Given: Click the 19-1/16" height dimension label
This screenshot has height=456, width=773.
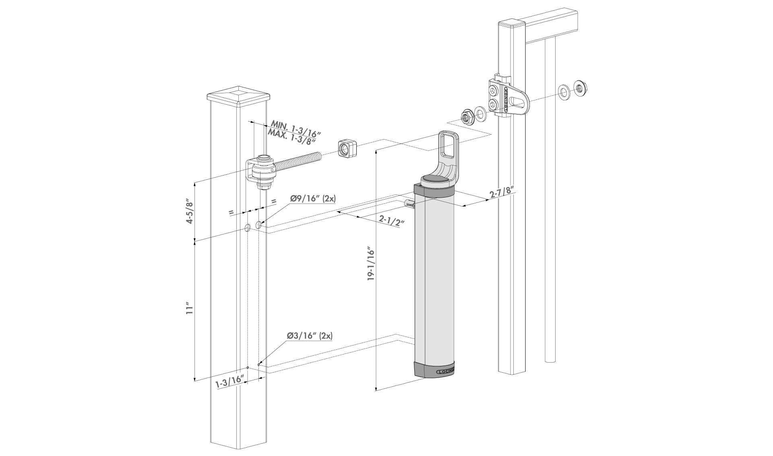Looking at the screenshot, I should coord(371,264).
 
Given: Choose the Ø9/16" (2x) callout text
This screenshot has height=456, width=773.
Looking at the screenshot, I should coord(313,199).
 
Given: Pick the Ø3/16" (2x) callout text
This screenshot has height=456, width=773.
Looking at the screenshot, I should coord(310,336).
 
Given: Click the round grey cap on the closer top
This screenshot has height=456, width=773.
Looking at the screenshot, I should coord(436,180).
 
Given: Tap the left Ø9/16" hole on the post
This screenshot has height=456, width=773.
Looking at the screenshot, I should coord(247,228).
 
